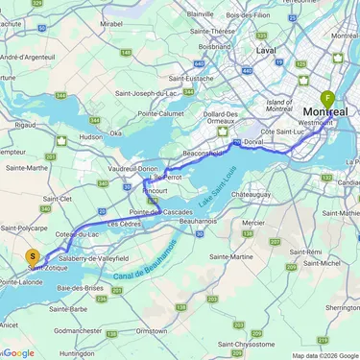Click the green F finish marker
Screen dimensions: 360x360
click(x=328, y=99)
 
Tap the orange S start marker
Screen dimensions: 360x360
click(x=33, y=256)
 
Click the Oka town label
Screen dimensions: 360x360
click(x=115, y=133)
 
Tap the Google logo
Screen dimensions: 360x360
click(x=18, y=352)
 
